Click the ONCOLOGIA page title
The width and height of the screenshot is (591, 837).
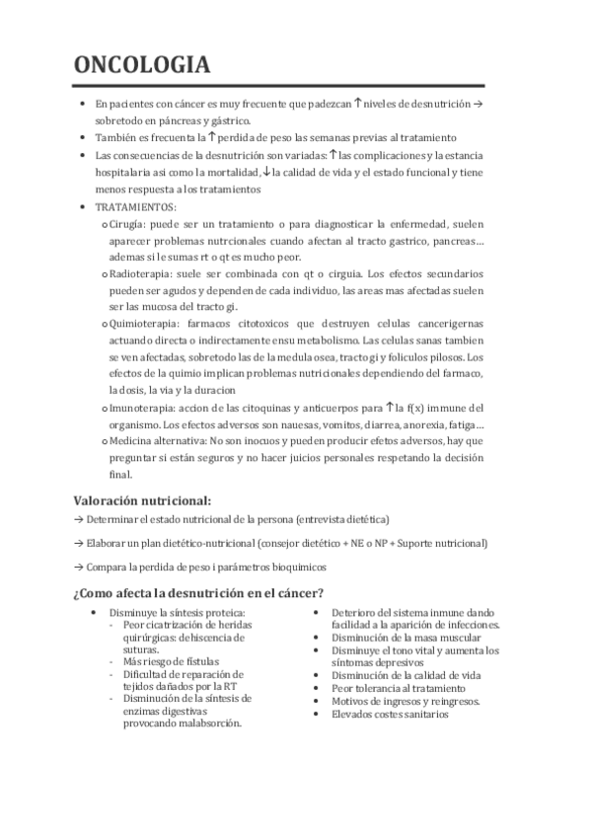pyautogui.click(x=142, y=65)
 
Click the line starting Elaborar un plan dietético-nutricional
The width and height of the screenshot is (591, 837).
pyautogui.click(x=286, y=543)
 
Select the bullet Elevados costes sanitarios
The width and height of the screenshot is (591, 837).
pyautogui.click(x=390, y=714)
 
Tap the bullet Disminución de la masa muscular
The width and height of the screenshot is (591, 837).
pyautogui.click(x=400, y=638)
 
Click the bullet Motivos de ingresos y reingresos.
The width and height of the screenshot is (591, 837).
pyautogui.click(x=406, y=701)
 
